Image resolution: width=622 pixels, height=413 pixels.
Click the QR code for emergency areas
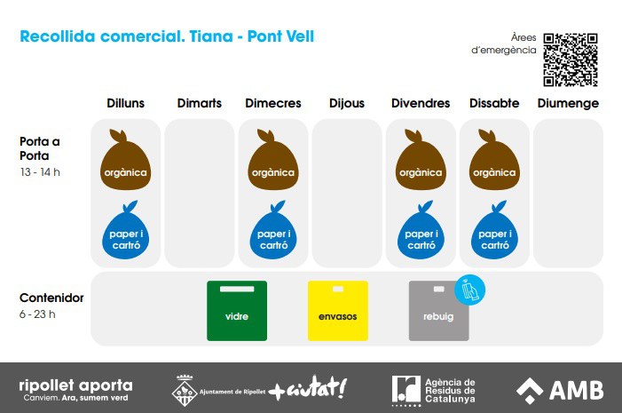point(571,60)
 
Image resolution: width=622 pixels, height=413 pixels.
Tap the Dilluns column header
point(125,103)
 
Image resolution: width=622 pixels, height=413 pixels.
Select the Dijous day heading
point(347,104)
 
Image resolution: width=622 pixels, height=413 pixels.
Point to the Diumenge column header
point(568,104)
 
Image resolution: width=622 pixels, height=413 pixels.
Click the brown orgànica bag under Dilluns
point(125,161)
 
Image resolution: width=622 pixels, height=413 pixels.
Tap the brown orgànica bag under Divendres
point(421,161)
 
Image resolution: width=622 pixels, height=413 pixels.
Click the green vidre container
point(237,311)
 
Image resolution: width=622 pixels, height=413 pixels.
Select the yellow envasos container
point(337,311)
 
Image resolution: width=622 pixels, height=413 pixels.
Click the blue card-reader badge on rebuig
point(469,290)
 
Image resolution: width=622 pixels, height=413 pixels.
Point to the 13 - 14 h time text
point(40,172)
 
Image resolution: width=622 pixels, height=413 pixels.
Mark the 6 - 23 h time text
point(37,314)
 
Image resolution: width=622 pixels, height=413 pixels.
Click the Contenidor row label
point(51,298)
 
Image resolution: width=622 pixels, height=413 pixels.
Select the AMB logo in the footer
point(560,390)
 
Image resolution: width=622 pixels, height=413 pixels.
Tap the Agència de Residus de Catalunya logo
point(433,391)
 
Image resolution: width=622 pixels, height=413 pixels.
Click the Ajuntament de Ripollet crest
point(184,391)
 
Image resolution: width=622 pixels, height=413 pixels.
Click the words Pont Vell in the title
point(280,36)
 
